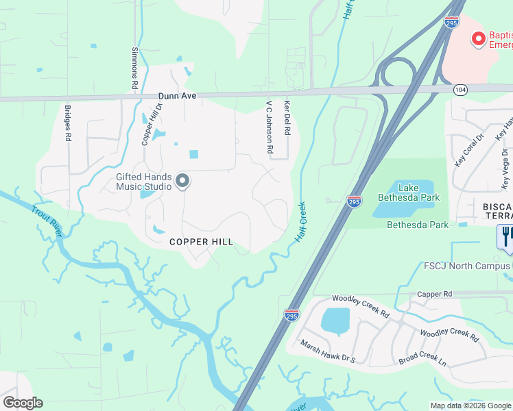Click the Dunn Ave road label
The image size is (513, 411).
pyautogui.click(x=178, y=97)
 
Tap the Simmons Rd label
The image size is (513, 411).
pyautogui.click(x=134, y=68)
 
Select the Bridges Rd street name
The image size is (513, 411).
pyautogui.click(x=68, y=123)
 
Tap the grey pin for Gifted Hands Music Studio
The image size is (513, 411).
pyautogui.click(x=182, y=181)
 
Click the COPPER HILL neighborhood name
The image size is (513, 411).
pyautogui.click(x=202, y=242)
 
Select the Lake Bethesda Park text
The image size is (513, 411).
pyautogui.click(x=409, y=192)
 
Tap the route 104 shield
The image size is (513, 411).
pyautogui.click(x=461, y=90)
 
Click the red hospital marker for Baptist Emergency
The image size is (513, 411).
pyautogui.click(x=477, y=39)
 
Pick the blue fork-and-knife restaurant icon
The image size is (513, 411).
pyautogui.click(x=505, y=236)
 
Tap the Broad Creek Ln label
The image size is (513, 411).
pyautogui.click(x=422, y=361)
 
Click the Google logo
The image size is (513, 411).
pyautogui.click(x=23, y=403)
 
